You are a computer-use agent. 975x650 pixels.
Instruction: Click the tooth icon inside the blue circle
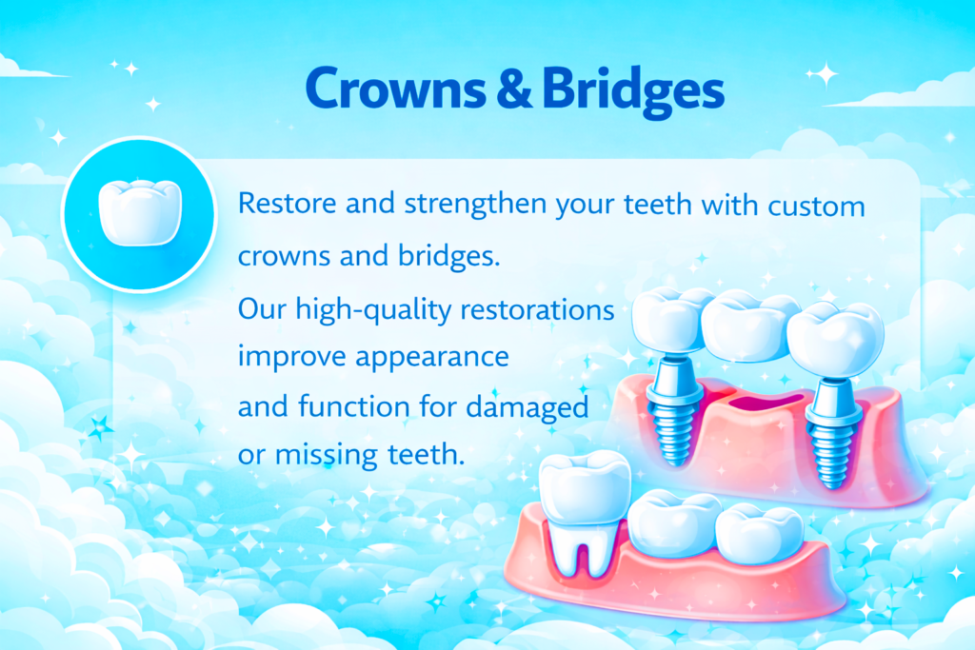click(x=139, y=213)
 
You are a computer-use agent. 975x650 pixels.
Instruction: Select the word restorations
click(x=533, y=310)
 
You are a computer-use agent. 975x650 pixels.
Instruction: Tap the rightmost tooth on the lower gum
click(x=757, y=534)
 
